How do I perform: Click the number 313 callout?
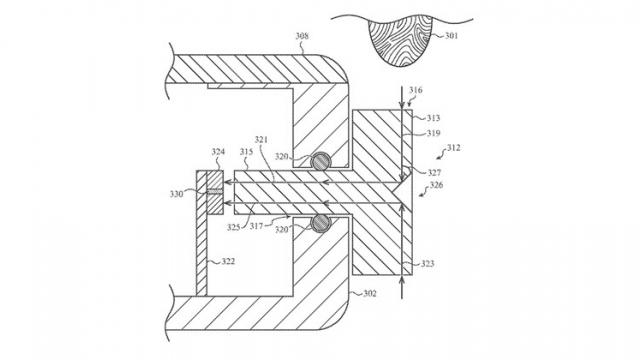pyautogui.click(x=432, y=117)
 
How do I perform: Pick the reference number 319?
pyautogui.click(x=432, y=132)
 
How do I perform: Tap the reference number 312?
pyautogui.click(x=452, y=148)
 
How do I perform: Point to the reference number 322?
pyautogui.click(x=228, y=262)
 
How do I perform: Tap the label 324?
pyautogui.click(x=219, y=153)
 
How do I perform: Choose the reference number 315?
pyautogui.click(x=246, y=152)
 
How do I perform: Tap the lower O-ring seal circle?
pyautogui.click(x=320, y=222)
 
